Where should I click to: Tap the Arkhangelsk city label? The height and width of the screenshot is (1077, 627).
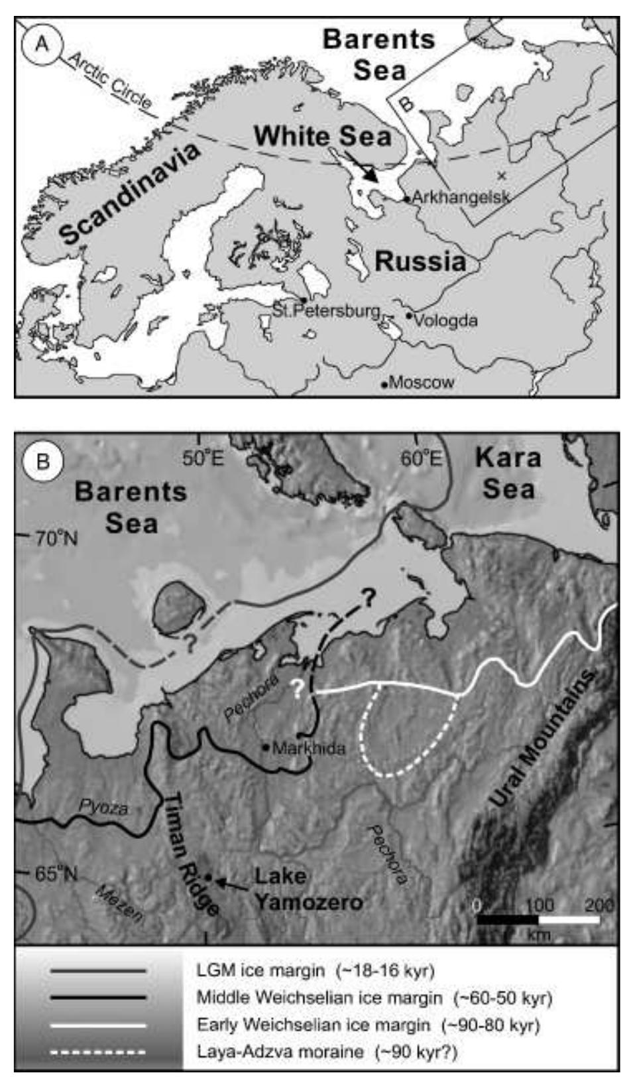pyautogui.click(x=461, y=197)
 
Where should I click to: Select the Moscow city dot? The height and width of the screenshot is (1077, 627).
pyautogui.click(x=384, y=384)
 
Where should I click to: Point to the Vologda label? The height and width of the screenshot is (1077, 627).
pyautogui.click(x=445, y=320)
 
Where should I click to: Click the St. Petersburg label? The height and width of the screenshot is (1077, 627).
pyautogui.click(x=327, y=310)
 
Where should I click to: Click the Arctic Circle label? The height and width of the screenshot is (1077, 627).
pyautogui.click(x=110, y=80)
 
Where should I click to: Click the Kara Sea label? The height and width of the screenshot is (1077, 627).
pyautogui.click(x=508, y=473)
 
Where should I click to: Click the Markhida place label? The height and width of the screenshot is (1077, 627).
pyautogui.click(x=309, y=748)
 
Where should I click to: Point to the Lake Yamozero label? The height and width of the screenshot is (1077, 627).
pyautogui.click(x=308, y=889)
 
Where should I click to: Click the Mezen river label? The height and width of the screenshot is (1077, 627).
pyautogui.click(x=119, y=903)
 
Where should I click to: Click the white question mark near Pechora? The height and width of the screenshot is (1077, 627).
pyautogui.click(x=298, y=692)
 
